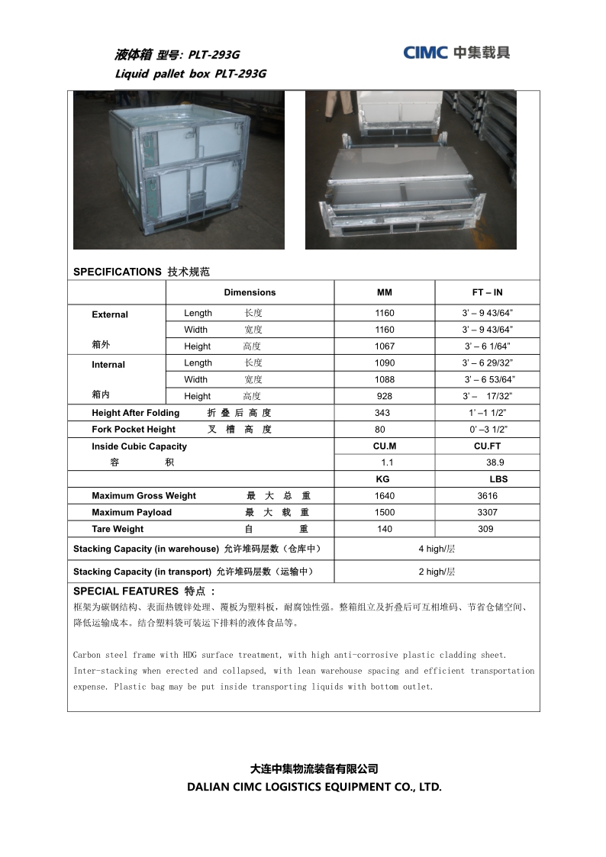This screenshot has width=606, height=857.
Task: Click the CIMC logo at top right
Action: pyautogui.click(x=456, y=52)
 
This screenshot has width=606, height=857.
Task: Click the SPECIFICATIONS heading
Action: pyautogui.click(x=117, y=272)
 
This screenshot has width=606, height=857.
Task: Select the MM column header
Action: pyautogui.click(x=385, y=292)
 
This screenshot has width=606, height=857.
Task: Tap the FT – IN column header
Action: pyautogui.click(x=487, y=292)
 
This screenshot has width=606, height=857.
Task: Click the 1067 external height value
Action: pyautogui.click(x=385, y=346)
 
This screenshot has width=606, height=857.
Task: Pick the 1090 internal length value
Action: pyautogui.click(x=385, y=363)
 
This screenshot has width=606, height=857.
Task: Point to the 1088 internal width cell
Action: pyautogui.click(x=385, y=379)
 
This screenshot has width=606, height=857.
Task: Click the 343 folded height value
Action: pyautogui.click(x=382, y=413)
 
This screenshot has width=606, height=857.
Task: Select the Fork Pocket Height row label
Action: pyautogui.click(x=134, y=430)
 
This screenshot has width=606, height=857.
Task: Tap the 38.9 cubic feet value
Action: pyautogui.click(x=495, y=462)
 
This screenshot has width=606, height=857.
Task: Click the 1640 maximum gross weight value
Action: pyautogui.click(x=385, y=496)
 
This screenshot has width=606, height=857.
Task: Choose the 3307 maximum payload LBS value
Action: pyautogui.click(x=487, y=513)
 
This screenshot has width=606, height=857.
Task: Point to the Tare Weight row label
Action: pyautogui.click(x=118, y=530)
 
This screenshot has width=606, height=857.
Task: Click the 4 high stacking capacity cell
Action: pyautogui.click(x=437, y=549)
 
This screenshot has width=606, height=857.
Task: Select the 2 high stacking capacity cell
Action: pyautogui.click(x=437, y=572)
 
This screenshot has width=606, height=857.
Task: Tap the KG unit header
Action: pyautogui.click(x=382, y=479)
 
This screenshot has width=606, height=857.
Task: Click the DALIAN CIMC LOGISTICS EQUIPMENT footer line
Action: pyautogui.click(x=314, y=787)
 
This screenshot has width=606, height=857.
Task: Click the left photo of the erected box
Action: pyautogui.click(x=179, y=170)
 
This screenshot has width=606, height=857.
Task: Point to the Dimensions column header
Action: pyautogui.click(x=250, y=292)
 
